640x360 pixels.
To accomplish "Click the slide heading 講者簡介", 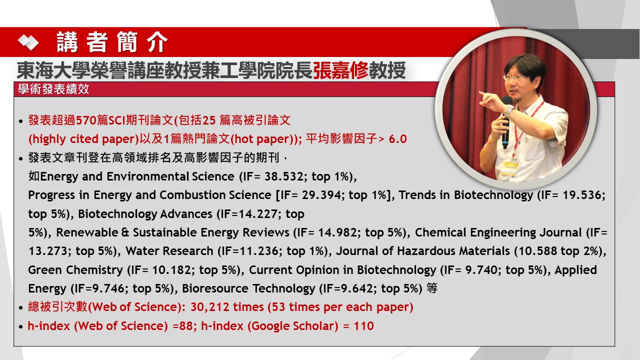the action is [x=112, y=42].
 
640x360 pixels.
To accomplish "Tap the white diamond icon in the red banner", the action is [x=28, y=42].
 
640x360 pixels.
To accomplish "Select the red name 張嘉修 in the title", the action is [x=340, y=70].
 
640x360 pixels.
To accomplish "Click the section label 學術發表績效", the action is [x=53, y=89].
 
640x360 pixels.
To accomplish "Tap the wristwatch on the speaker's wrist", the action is [x=509, y=110].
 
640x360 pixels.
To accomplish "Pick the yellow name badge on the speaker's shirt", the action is [x=510, y=167].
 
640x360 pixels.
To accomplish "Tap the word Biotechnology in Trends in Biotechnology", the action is [x=493, y=195].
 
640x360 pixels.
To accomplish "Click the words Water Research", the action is [x=169, y=251].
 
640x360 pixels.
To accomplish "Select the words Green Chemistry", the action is [x=75, y=270].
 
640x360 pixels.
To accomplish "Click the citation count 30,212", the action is [x=210, y=307].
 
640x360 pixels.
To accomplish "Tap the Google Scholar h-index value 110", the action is [x=363, y=326].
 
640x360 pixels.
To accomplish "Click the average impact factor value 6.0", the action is [x=397, y=139].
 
